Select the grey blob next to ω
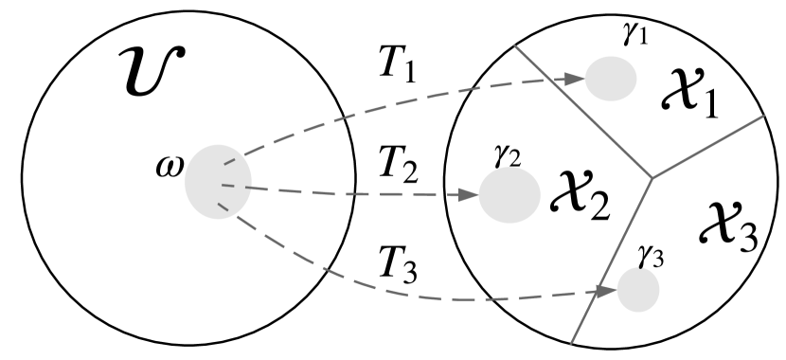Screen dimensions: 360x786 (218, 181)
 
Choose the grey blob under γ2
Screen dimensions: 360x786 (509, 196)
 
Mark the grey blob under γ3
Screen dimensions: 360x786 (638, 291)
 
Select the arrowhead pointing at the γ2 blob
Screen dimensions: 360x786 (470, 196)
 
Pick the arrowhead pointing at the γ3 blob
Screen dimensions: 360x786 (609, 293)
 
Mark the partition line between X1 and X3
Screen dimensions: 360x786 (707, 147)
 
